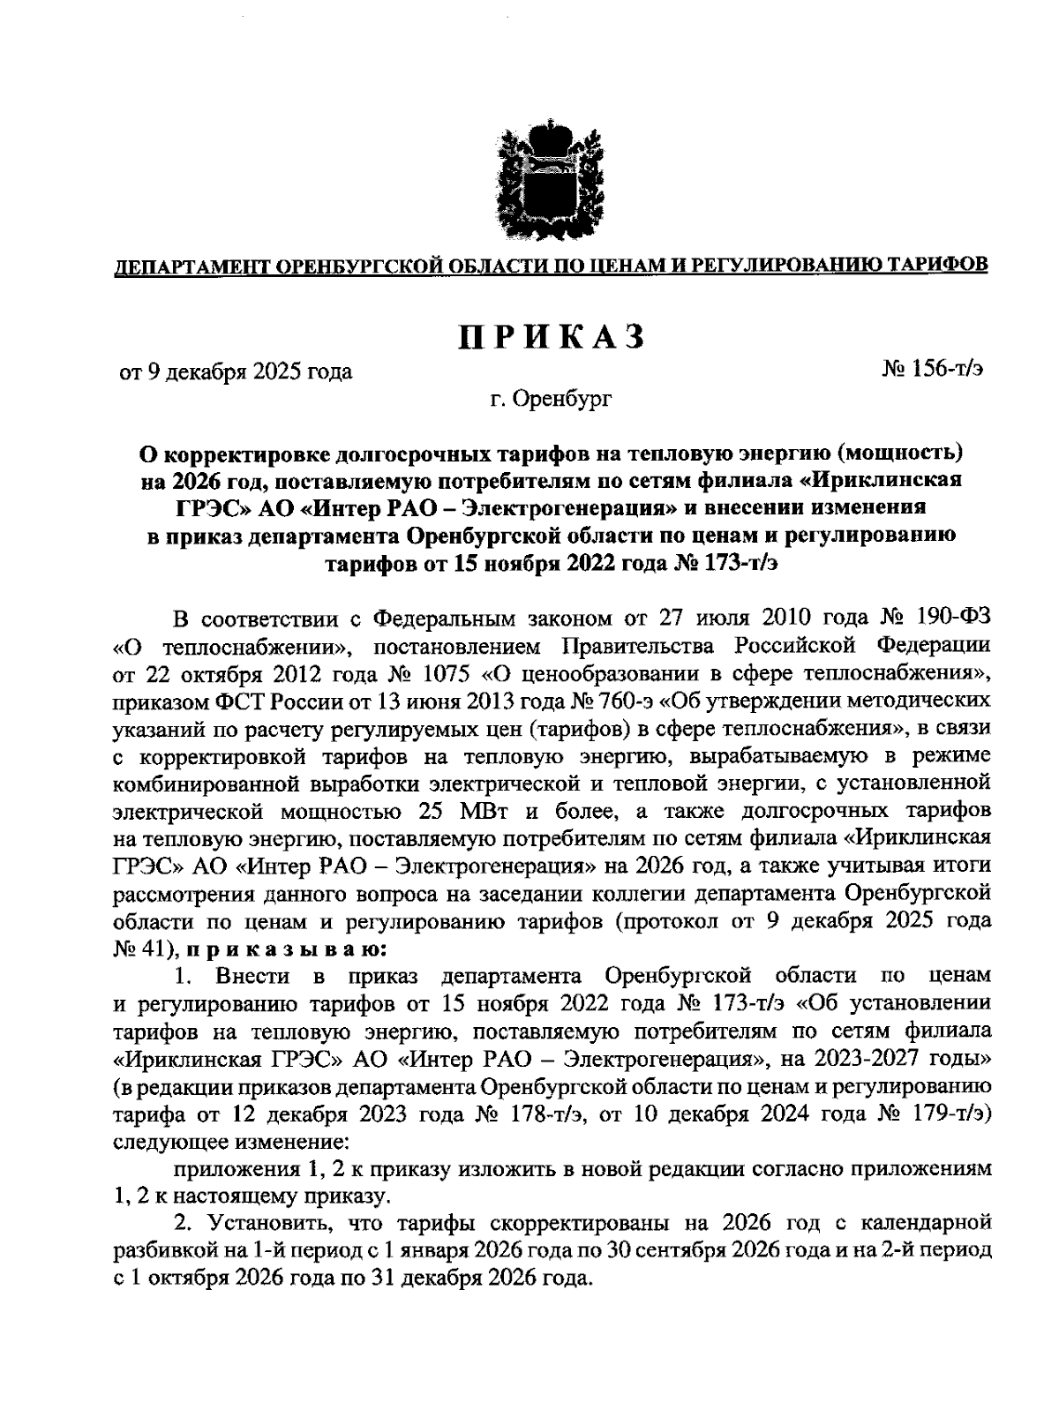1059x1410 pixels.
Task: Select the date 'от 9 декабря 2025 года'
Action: point(237,371)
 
